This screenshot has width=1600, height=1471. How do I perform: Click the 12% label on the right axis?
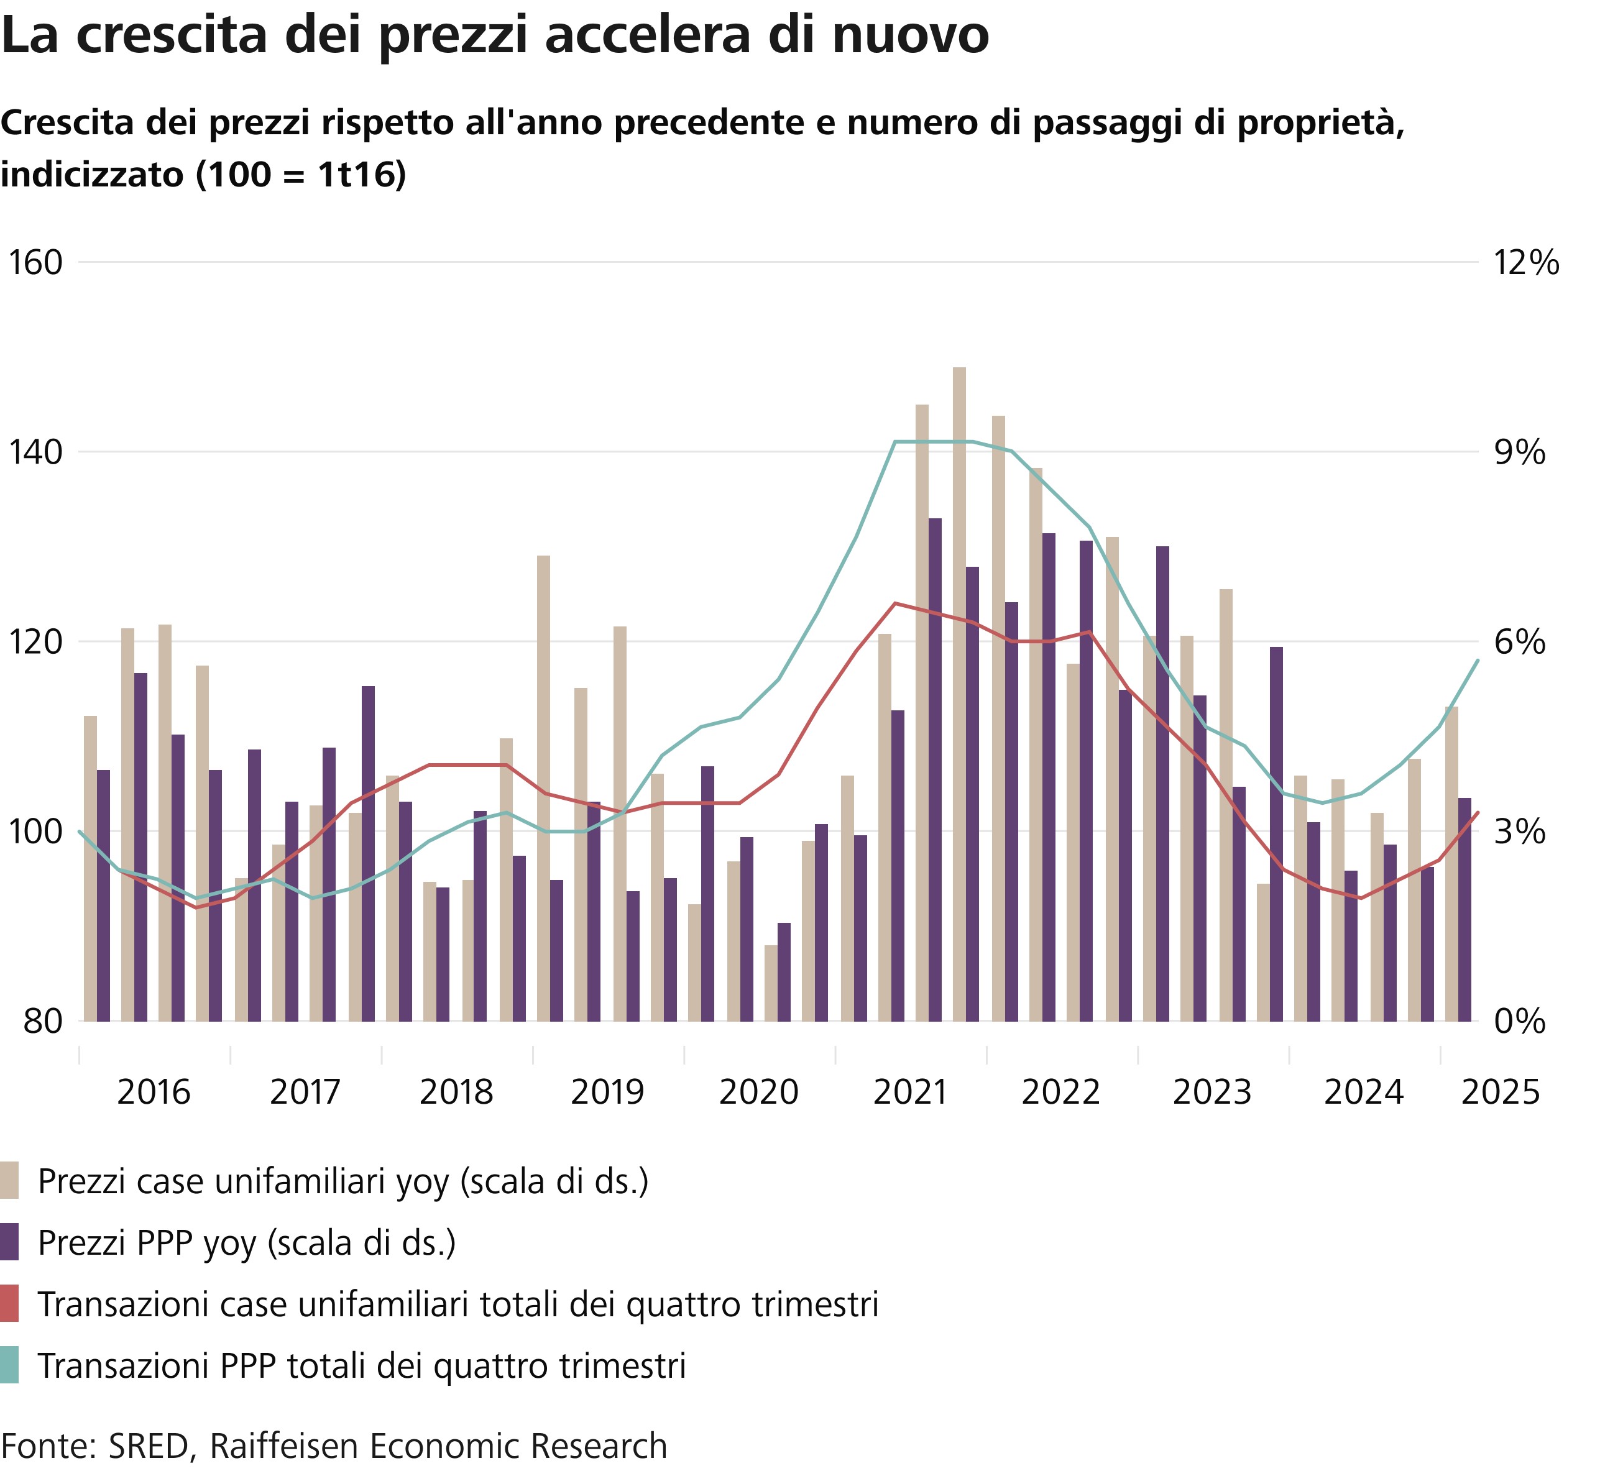coord(1527,263)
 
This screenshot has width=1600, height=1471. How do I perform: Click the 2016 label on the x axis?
coord(154,1092)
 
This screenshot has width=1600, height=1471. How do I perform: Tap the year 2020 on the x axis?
coord(758,1092)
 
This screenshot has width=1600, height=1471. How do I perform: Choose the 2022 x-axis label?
coord(1061,1092)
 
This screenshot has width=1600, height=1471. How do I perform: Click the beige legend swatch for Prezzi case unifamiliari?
coord(9,1180)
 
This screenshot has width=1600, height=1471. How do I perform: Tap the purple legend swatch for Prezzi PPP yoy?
coord(9,1242)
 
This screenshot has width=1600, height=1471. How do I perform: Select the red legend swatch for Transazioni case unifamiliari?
coord(9,1304)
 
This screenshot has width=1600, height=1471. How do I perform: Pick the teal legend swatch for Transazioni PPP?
coord(9,1365)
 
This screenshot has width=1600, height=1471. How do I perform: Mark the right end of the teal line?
coord(1478,660)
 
